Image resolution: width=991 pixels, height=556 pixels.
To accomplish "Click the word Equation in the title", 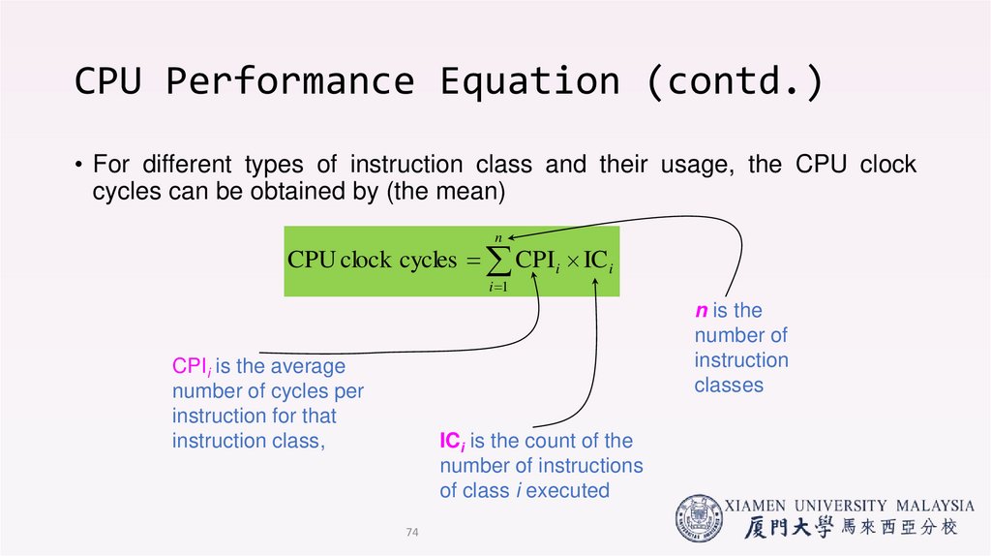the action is click(529, 81).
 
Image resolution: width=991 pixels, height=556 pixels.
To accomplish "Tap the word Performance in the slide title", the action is click(289, 81).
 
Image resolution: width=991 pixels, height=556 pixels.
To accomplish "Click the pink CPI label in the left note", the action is click(191, 367).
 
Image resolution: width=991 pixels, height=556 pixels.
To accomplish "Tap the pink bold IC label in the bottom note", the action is click(451, 442).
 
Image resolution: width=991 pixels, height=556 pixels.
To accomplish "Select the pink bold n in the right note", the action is click(701, 311).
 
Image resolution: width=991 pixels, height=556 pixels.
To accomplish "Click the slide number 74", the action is click(413, 532).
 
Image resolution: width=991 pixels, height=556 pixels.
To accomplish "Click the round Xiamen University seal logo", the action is click(698, 517).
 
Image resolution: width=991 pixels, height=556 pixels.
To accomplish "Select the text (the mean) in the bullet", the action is click(445, 192).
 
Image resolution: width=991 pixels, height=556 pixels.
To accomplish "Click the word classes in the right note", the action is click(729, 386).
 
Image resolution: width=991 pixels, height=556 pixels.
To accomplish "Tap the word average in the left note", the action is click(307, 367).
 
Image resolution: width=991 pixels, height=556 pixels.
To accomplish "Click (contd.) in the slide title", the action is click(735, 81).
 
